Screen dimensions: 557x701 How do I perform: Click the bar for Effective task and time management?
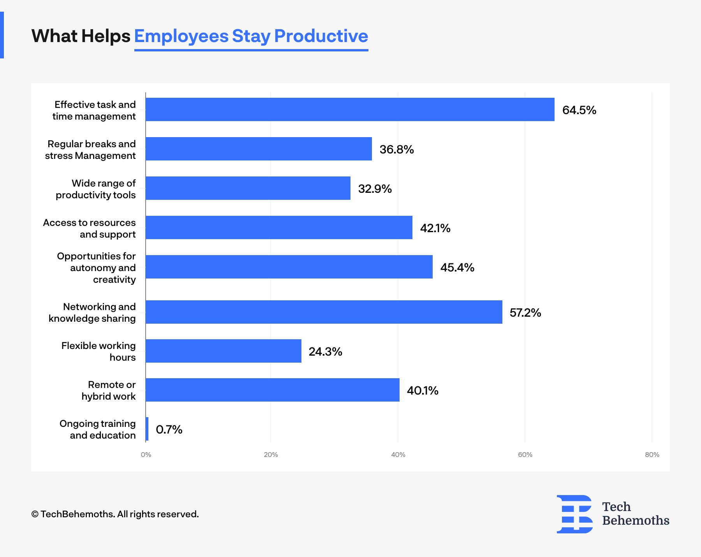pos(350,109)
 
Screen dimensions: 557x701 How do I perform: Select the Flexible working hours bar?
pos(223,351)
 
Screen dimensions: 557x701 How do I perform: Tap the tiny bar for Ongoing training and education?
pos(147,429)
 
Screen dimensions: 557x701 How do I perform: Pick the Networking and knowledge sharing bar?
pos(324,312)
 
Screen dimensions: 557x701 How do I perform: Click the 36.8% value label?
pos(396,150)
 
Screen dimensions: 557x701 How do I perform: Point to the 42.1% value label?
pos(435,228)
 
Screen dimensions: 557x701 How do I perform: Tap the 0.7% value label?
pos(169,430)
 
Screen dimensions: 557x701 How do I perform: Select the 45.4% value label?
pos(457,268)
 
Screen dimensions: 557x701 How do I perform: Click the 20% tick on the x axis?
pos(271,455)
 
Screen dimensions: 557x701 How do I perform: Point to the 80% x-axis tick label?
pos(652,455)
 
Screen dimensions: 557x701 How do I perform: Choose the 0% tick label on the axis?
pos(146,455)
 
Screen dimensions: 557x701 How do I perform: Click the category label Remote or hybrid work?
pos(109,390)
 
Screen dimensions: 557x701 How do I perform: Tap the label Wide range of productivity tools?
pos(96,189)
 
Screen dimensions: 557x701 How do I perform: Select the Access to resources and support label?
pos(90,228)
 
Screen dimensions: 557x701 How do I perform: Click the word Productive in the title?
pos(321,36)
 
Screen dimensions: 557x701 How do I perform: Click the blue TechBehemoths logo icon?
pos(575,514)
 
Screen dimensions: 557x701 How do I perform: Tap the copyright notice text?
pos(115,514)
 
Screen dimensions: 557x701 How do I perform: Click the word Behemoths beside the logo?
pos(636,520)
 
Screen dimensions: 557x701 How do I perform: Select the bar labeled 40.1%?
pos(272,390)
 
